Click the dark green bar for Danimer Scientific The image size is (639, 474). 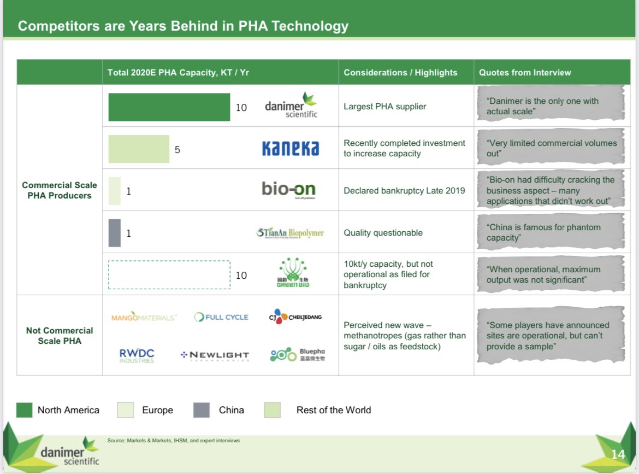point(169,107)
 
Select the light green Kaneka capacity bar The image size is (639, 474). point(139,149)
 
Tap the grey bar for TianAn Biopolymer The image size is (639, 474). point(114,233)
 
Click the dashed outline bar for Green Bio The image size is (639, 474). point(169,274)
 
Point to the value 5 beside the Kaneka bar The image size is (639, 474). point(177,150)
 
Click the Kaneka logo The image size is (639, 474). point(291,148)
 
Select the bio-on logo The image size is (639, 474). point(288,190)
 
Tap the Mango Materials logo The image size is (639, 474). point(144,317)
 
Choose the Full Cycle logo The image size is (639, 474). point(221,317)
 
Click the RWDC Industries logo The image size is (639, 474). point(137,356)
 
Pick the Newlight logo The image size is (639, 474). point(215,355)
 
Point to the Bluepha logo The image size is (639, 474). point(297,355)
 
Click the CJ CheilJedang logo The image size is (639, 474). point(295,317)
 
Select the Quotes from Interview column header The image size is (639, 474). point(525,72)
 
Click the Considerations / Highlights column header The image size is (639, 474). point(400,72)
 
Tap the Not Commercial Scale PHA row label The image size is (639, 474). point(60,336)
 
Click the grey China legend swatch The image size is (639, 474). point(201,410)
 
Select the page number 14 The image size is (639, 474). point(618,454)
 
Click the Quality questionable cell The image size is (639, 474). point(383,233)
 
